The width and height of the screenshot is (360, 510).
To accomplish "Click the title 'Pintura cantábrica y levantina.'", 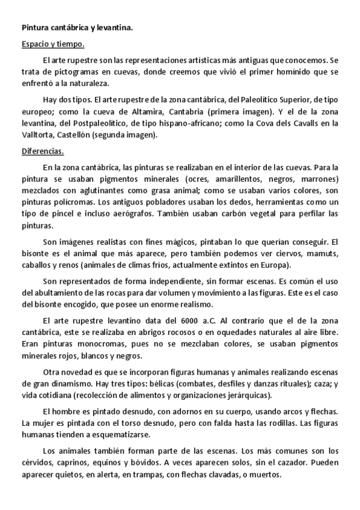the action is [78, 27].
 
